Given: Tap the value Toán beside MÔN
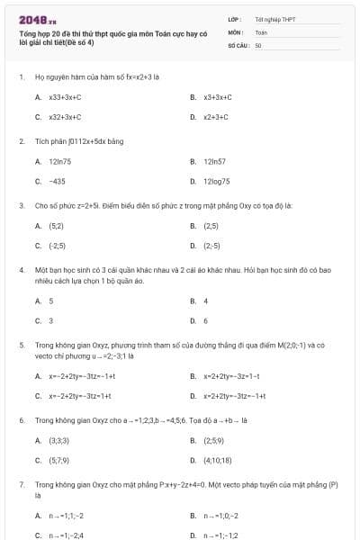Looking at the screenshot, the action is [x=261, y=31].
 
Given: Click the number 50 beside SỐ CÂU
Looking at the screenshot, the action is [x=258, y=44].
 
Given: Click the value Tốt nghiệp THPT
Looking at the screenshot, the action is [x=274, y=19].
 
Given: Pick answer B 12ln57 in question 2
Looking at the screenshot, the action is [x=213, y=161].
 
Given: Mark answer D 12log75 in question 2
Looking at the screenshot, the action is [x=217, y=181].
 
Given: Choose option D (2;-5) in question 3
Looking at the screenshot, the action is [x=211, y=246].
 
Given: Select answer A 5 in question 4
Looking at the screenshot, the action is [x=50, y=301].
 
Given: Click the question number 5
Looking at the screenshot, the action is [x=21, y=345].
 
